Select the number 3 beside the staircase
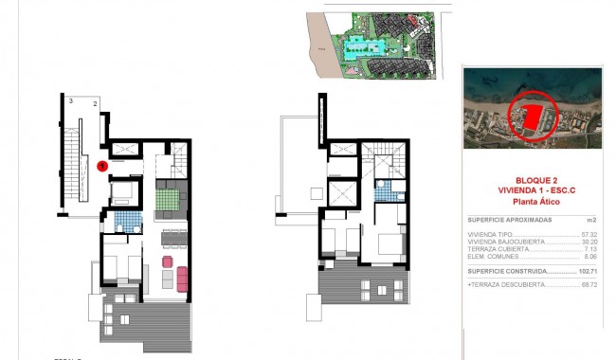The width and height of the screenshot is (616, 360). tap(71, 99)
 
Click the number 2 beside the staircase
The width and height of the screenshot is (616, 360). tap(95, 103)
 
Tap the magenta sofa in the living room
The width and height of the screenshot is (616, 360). tap(182, 279)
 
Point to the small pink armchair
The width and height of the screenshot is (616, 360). tap(168, 261)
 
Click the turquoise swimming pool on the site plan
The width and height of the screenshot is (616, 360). tap(362, 44)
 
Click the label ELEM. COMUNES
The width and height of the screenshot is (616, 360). tap(493, 256)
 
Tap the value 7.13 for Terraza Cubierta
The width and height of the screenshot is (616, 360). tap(590, 248)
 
